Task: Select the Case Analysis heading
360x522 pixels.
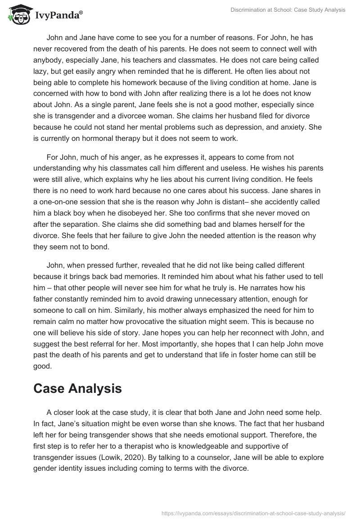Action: [77, 388]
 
